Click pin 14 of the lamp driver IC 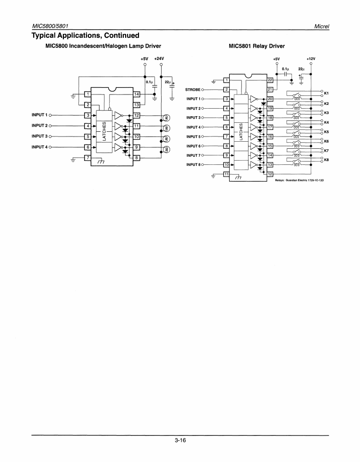tap(136, 94)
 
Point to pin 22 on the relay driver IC tap(270, 80)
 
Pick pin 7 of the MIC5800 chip tap(87, 157)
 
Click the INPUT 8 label tap(194, 164)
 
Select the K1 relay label tap(326, 94)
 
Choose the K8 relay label tap(326, 160)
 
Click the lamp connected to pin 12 tap(166, 118)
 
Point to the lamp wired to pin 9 tap(166, 149)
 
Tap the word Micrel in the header tap(321, 25)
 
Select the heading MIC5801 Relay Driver tap(257, 46)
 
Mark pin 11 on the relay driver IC tap(226, 174)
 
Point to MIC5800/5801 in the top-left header tap(51, 25)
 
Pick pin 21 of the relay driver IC tap(270, 89)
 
